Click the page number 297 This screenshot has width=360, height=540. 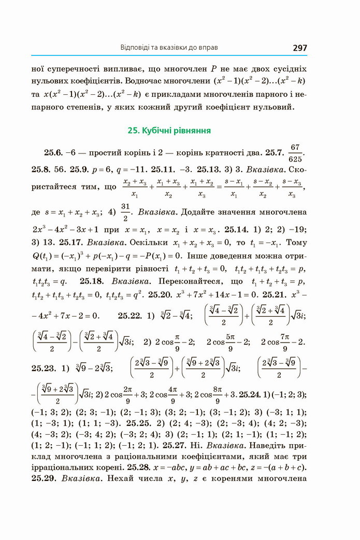point(299,47)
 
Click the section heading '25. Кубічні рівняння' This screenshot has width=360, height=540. point(169,131)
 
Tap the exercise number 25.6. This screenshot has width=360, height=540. point(53,153)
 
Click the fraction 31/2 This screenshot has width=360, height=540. point(125,212)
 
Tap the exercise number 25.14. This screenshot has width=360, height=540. point(244,228)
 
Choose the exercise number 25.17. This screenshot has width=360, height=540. point(71,242)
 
